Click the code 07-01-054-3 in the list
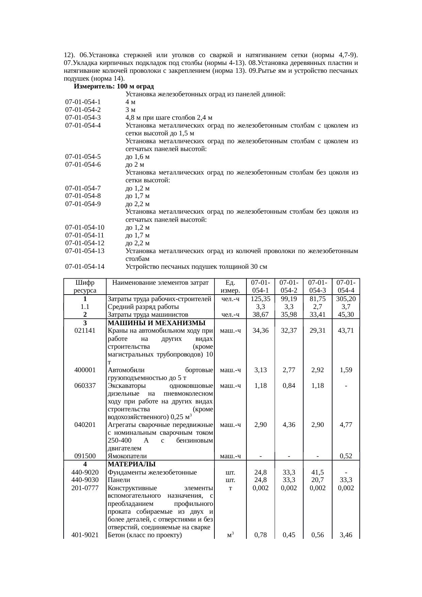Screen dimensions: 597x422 coord(83,118)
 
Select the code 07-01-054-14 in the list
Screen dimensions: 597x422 coord(85,267)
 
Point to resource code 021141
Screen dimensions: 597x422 coord(85,331)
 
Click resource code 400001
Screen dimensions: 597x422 coord(85,370)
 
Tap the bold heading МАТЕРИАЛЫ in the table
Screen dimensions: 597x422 coord(131,464)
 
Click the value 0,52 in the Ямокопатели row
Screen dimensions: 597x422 coord(346,456)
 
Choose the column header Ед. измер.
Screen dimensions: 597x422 coord(230,286)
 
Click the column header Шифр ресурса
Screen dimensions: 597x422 coord(85,286)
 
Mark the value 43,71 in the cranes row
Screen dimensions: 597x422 coord(346,331)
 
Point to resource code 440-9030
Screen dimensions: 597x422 coord(85,480)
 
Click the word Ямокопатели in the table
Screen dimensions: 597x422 coord(127,456)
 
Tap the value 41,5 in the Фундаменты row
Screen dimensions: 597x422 coord(317,472)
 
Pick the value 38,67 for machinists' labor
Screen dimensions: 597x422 coord(260,315)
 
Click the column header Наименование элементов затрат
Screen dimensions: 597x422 coord(160,283)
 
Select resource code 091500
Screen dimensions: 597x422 coord(85,456)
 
